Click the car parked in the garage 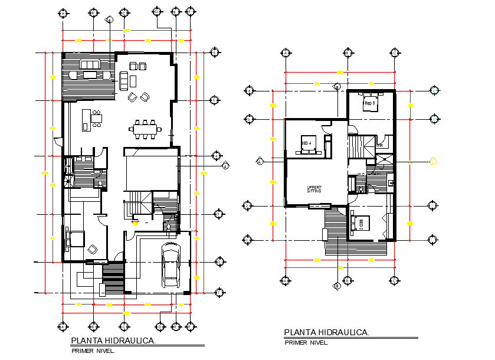[171, 265]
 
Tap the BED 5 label [369, 103]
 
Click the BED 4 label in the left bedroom [306, 143]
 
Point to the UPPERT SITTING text [313, 189]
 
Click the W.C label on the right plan [360, 174]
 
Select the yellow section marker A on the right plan [432, 161]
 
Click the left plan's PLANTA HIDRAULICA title [113, 341]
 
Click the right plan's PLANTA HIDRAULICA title [326, 333]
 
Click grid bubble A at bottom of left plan [64, 326]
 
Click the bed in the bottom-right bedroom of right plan [360, 224]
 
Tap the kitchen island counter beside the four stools [86, 118]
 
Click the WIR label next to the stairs [381, 145]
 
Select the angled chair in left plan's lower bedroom [92, 250]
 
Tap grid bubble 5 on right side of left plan [217, 156]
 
